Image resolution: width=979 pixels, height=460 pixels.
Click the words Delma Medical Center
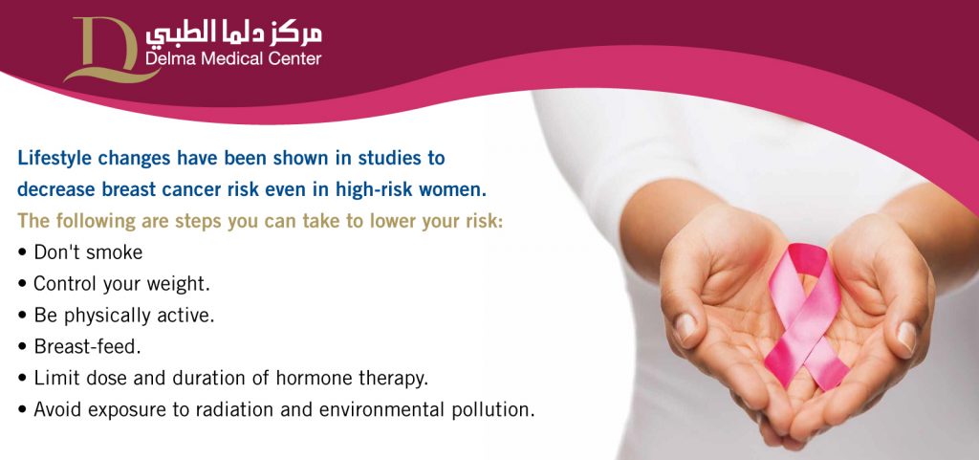pos(233,59)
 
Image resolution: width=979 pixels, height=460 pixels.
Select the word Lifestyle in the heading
pos(54,159)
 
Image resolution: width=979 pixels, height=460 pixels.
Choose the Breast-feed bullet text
pos(87,347)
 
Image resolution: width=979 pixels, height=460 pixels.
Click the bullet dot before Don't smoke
pos(23,253)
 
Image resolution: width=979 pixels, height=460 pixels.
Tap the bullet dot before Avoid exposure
pos(23,410)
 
